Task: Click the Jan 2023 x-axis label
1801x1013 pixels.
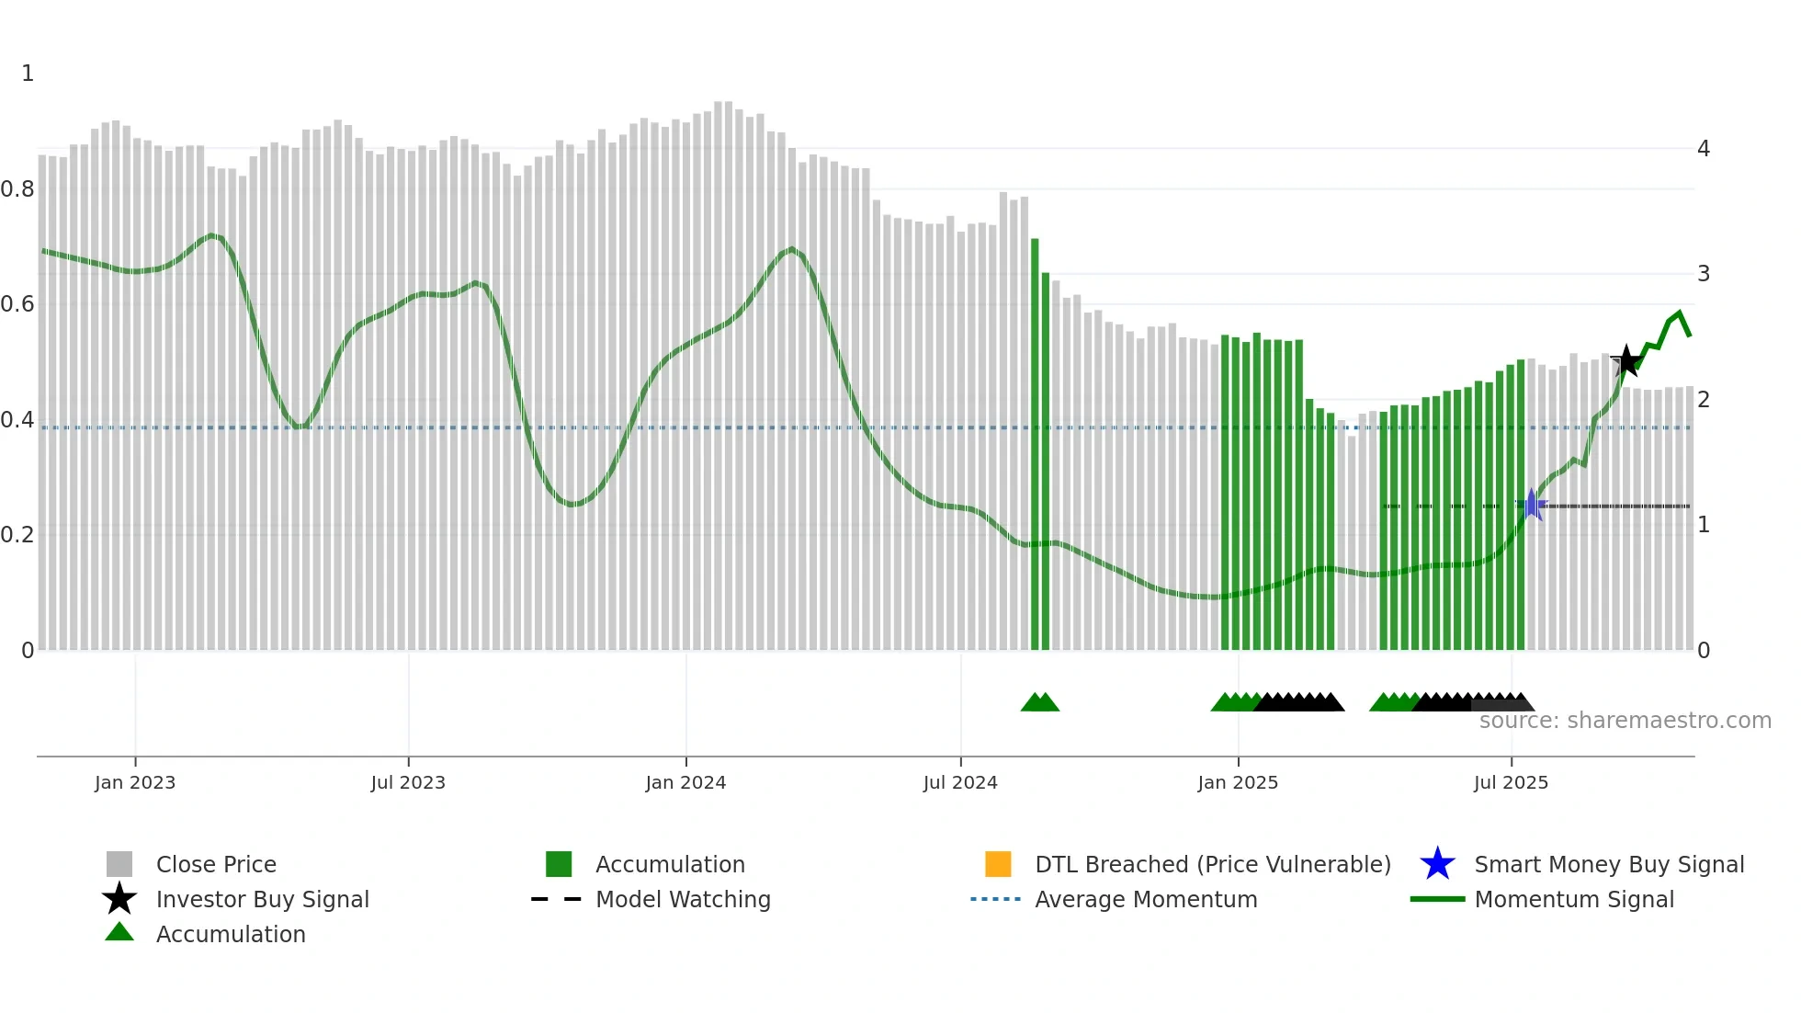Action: (x=135, y=782)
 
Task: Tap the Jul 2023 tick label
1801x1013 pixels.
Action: (x=408, y=782)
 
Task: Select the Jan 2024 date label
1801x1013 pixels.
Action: (x=685, y=782)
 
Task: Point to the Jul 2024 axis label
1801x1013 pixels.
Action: (x=960, y=782)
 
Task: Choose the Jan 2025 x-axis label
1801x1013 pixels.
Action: (x=1238, y=782)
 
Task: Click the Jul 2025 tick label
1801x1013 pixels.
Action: (x=1511, y=782)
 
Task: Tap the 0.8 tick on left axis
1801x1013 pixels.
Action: (x=17, y=189)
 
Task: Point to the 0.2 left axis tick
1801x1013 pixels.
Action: (x=17, y=535)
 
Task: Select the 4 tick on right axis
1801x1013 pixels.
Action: (x=1704, y=149)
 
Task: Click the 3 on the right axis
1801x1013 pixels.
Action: (x=1704, y=274)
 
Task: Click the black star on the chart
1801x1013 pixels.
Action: (x=1626, y=361)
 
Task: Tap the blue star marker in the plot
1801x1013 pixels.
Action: (x=1532, y=505)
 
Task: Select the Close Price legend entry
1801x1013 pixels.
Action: (x=216, y=864)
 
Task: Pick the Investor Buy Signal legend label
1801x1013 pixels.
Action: (x=263, y=899)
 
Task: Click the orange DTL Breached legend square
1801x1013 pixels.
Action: (x=998, y=864)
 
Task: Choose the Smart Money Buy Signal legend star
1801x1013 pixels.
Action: (x=1437, y=864)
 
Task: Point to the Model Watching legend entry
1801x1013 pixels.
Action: (x=683, y=899)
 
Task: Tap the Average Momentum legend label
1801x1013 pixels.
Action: (x=1146, y=899)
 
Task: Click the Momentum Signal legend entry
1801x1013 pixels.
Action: (x=1574, y=899)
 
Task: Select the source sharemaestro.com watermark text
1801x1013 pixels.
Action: (x=1625, y=721)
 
